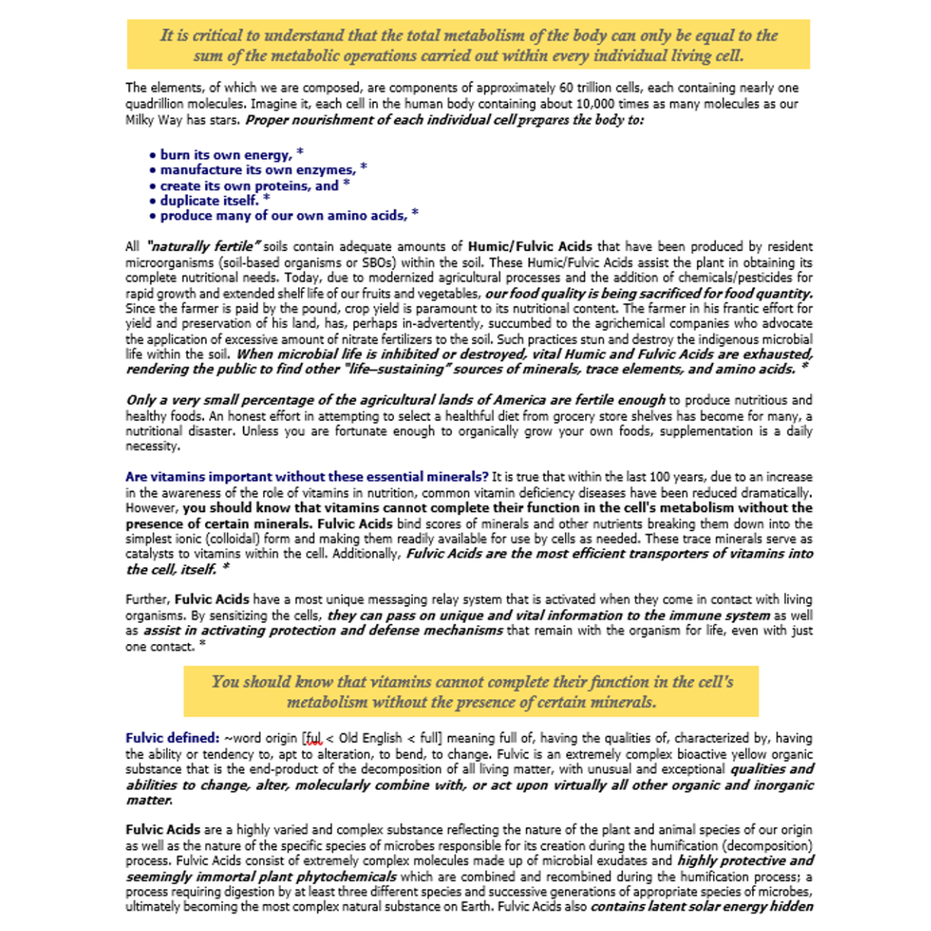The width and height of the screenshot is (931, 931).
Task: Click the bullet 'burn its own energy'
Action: click(x=225, y=155)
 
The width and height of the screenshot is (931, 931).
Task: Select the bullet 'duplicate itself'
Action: click(x=209, y=201)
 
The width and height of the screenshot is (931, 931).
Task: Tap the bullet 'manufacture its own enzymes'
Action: click(x=257, y=170)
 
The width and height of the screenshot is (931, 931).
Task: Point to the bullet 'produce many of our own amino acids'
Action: click(x=283, y=216)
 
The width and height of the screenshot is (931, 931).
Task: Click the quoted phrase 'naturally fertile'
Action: click(x=203, y=247)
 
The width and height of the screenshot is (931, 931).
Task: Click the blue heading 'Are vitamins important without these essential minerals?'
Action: click(x=306, y=477)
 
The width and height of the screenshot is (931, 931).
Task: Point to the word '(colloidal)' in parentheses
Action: click(x=218, y=539)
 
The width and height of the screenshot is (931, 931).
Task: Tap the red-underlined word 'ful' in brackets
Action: click(x=313, y=739)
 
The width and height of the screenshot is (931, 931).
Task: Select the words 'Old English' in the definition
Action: click(x=370, y=739)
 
